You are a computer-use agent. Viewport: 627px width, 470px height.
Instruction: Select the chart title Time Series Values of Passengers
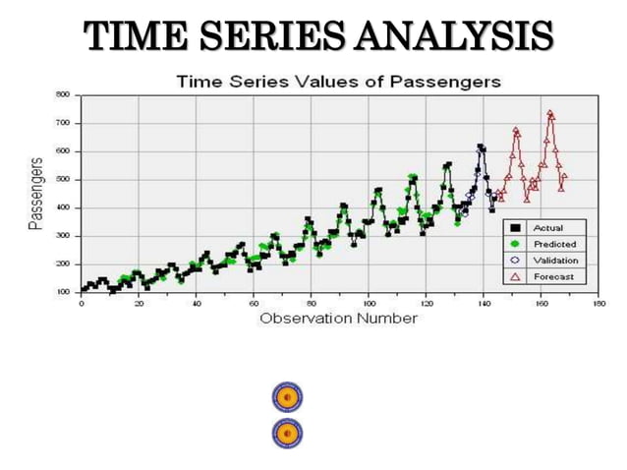pos(338,81)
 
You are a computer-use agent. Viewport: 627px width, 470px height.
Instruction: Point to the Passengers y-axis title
pos(35,192)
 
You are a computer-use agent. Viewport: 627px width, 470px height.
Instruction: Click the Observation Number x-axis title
pos(338,318)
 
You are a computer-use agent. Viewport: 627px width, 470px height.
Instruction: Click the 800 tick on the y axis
pos(62,95)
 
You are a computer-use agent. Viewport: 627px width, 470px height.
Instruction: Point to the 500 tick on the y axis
pos(62,179)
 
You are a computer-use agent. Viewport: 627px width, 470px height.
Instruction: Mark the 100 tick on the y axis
pos(62,292)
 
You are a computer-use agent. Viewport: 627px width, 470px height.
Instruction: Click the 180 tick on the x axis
pos(599,303)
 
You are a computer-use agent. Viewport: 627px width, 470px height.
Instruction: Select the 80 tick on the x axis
pos(311,303)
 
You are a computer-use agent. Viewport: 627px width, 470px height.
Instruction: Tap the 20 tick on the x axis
pos(139,303)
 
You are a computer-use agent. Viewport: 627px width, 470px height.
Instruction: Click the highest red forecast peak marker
pos(550,113)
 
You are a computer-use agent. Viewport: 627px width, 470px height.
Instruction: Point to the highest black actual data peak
pos(481,147)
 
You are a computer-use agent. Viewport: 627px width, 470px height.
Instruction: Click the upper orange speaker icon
pos(287,397)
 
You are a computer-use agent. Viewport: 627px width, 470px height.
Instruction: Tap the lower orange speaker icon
pos(287,433)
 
